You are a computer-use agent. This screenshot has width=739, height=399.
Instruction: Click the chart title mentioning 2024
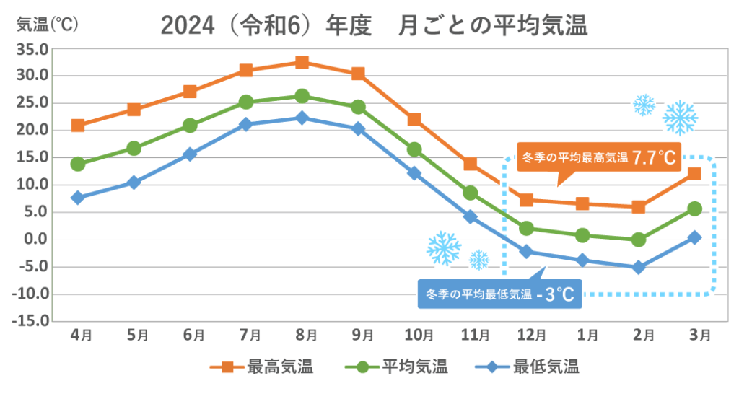[374, 26]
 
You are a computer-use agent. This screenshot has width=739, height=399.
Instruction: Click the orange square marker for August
[302, 62]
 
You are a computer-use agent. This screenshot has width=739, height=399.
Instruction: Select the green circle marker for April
[78, 164]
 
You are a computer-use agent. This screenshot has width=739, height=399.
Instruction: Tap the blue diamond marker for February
[638, 267]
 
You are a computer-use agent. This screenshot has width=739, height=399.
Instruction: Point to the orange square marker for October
[414, 120]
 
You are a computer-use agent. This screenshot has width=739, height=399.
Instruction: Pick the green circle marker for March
[694, 209]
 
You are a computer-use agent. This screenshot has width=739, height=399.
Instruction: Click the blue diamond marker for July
[246, 124]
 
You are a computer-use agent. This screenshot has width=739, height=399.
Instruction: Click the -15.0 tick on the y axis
[32, 321]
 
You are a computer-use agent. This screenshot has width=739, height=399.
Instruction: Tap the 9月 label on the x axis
[358, 335]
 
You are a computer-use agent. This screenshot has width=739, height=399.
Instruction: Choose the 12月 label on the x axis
[526, 335]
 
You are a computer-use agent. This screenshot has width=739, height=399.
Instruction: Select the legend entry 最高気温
[279, 367]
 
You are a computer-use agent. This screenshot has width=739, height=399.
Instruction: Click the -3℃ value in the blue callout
[559, 294]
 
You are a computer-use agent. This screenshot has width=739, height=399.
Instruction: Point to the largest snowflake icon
[679, 117]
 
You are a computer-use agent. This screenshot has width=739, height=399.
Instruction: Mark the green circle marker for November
[470, 193]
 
